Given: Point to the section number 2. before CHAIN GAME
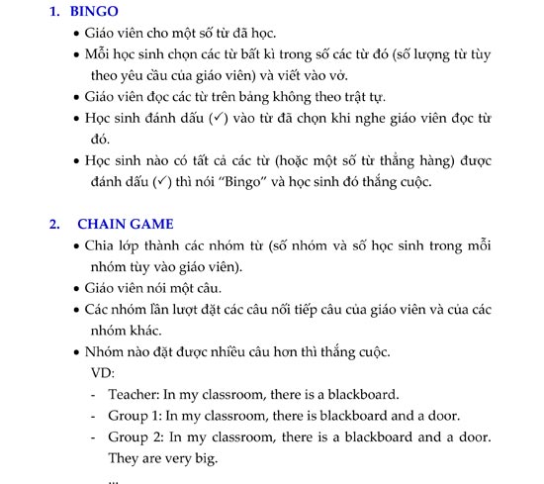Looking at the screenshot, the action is (x=54, y=224).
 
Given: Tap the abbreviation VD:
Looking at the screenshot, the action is (x=101, y=373).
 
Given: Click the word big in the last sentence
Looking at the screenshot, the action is (x=203, y=458).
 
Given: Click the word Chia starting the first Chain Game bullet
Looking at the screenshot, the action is (x=101, y=245).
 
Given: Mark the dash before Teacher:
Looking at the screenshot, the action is (x=92, y=394).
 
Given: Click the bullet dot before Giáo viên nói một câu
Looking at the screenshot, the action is (x=76, y=289).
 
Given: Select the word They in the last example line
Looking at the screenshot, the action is (x=126, y=458).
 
